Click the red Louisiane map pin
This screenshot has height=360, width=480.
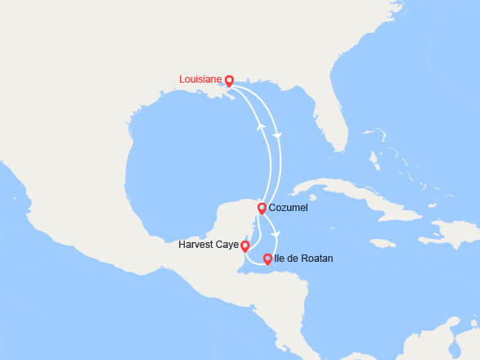point(229,80)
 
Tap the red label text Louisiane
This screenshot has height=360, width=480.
point(200,79)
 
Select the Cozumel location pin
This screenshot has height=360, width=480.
point(262,208)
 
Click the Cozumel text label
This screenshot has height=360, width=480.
point(287,209)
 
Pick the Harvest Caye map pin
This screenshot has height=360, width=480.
point(245,245)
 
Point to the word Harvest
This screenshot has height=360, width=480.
point(198,245)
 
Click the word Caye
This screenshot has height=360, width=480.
point(228,245)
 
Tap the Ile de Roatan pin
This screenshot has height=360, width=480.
point(267,259)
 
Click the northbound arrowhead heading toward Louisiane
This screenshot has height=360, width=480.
point(261,127)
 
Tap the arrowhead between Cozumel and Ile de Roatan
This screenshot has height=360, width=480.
point(276,235)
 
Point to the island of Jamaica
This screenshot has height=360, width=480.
point(382,242)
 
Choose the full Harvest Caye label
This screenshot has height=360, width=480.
point(209,245)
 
